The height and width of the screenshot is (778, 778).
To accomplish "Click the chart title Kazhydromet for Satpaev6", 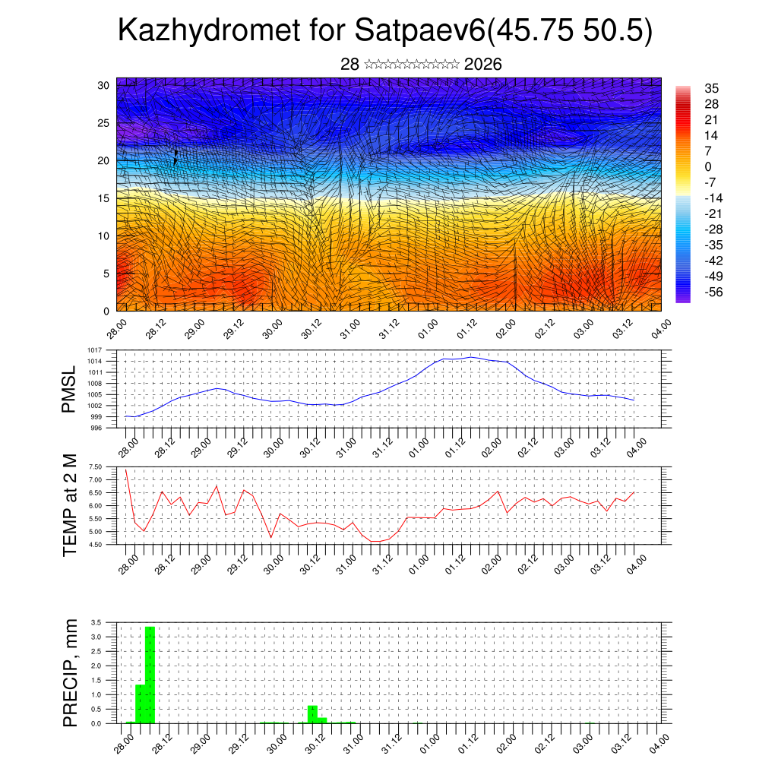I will [385, 32].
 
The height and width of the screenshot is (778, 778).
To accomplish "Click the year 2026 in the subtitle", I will [482, 65].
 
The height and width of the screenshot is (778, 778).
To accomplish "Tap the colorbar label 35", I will [712, 88].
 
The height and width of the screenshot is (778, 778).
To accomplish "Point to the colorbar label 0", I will [708, 166].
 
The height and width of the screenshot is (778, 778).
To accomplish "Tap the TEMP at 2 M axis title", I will [70, 505].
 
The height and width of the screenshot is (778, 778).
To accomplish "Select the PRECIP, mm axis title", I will [70, 672].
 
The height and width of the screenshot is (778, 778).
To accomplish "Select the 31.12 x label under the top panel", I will [387, 329].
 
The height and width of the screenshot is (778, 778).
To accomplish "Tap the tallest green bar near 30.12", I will [312, 714].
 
